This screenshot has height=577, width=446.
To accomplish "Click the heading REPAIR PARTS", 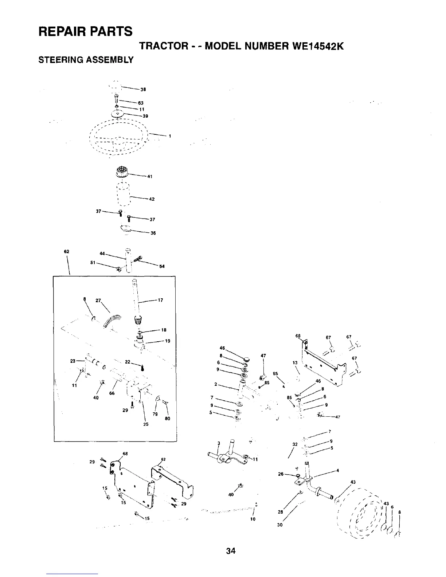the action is [x=85, y=31].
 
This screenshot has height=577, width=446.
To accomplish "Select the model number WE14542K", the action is [x=309, y=47].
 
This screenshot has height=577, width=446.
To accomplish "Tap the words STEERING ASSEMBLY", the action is [x=86, y=59].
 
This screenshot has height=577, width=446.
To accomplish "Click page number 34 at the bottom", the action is [x=231, y=551].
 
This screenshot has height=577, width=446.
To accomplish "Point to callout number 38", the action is [x=143, y=89].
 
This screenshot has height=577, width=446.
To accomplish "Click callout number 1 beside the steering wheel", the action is [x=170, y=136].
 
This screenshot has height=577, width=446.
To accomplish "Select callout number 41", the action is [x=149, y=177].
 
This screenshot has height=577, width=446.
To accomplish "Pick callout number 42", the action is [x=152, y=199].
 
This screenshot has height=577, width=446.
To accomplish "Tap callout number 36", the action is [x=153, y=233].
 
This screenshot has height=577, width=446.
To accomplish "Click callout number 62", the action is [x=66, y=251].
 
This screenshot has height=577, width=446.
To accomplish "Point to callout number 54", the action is [x=162, y=266].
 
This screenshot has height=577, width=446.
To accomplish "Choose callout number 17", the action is [x=160, y=300].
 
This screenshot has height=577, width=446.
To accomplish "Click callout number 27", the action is [x=98, y=300].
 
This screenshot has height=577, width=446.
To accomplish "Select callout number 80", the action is [x=168, y=419].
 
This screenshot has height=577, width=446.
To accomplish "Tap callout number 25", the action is [x=146, y=424].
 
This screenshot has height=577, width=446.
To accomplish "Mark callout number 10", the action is [x=253, y=519].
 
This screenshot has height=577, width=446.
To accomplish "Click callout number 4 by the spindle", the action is [x=338, y=470].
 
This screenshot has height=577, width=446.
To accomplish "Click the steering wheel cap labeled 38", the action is [x=114, y=87].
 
